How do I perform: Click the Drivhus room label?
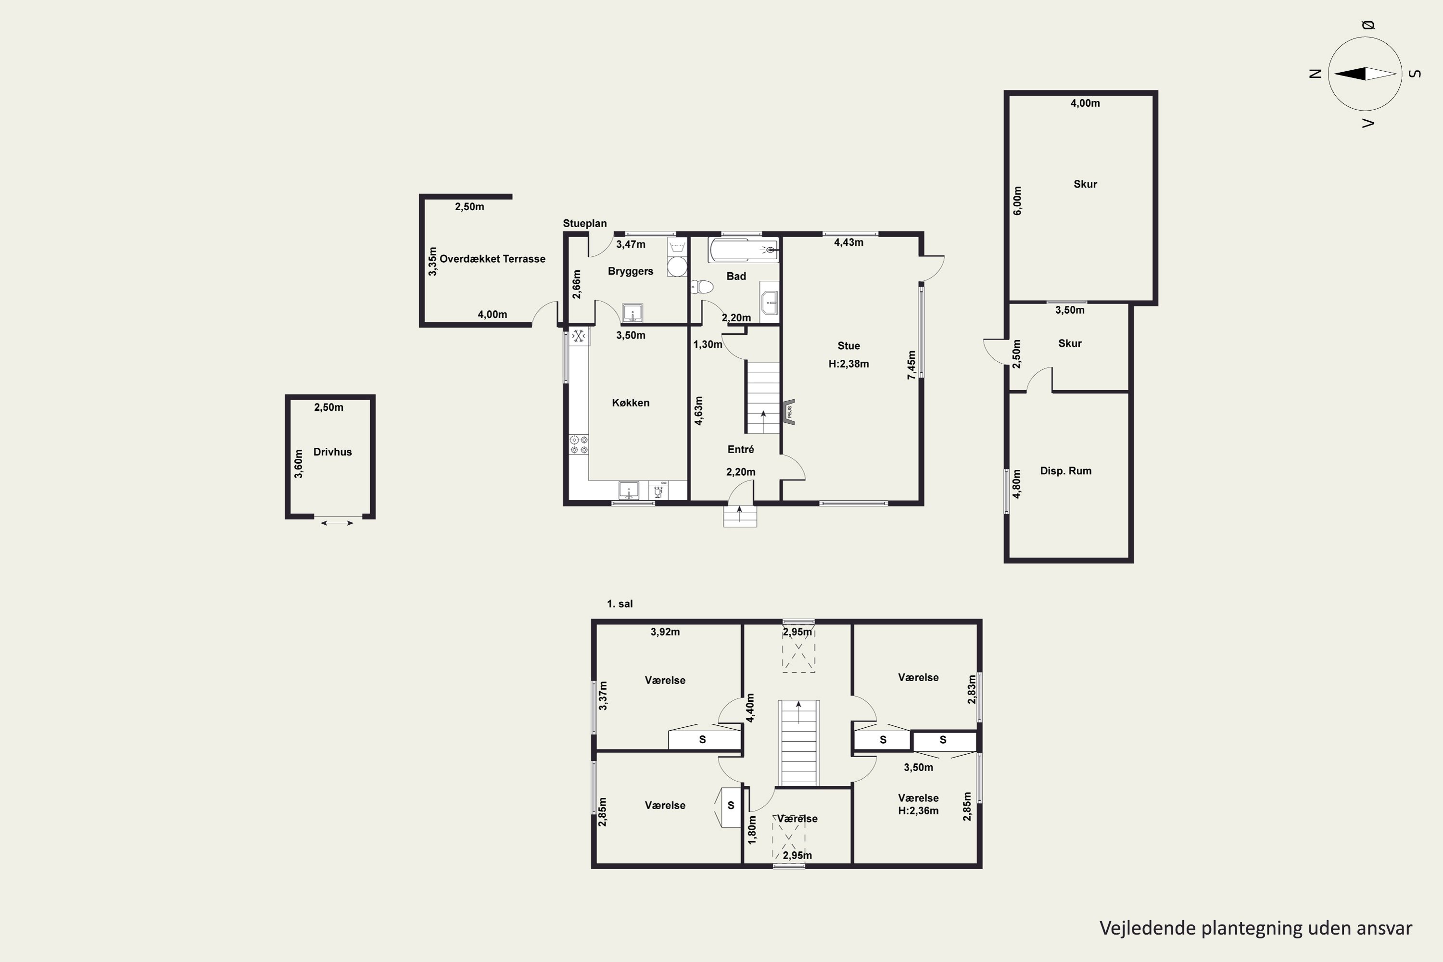(x=332, y=452)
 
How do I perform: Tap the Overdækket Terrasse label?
(x=492, y=259)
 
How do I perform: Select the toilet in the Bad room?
(x=702, y=287)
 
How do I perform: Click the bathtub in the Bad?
(x=744, y=250)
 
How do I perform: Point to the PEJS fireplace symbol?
(x=788, y=411)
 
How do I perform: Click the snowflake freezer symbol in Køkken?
(x=579, y=336)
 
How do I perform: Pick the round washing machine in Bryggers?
(x=677, y=267)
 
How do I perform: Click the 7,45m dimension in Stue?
(x=911, y=365)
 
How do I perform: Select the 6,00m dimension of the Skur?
(x=1018, y=201)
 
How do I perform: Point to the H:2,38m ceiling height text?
(x=848, y=364)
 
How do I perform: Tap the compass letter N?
(x=1315, y=74)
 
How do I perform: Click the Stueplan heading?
(x=585, y=223)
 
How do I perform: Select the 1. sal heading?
(x=620, y=604)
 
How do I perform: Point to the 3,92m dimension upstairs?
(x=665, y=632)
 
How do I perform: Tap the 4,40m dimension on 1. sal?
(x=750, y=708)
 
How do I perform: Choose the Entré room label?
(x=741, y=450)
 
